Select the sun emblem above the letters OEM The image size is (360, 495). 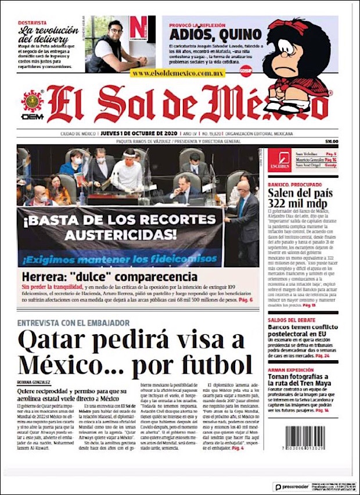tap(33, 101)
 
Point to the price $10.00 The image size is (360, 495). tap(332, 141)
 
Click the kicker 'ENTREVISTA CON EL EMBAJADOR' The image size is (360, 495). tap(73, 322)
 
